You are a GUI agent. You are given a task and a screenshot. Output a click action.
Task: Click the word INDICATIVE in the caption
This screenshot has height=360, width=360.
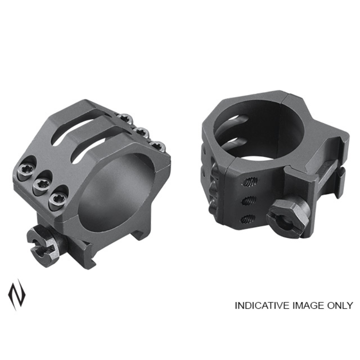pos(262,305)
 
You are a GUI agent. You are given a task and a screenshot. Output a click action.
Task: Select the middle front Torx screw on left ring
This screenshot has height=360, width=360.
pos(41,183)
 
